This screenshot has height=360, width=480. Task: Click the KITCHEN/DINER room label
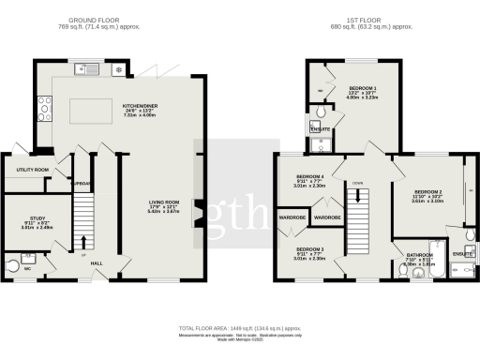click(139, 107)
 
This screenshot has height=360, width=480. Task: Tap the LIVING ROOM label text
click(164, 202)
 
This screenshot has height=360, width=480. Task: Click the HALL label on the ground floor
click(97, 263)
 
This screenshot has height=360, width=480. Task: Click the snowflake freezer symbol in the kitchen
click(117, 69)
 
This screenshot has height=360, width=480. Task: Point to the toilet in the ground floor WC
click(12, 262)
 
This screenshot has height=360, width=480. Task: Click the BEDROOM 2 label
click(427, 192)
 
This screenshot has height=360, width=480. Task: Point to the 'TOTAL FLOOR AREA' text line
click(240, 328)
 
